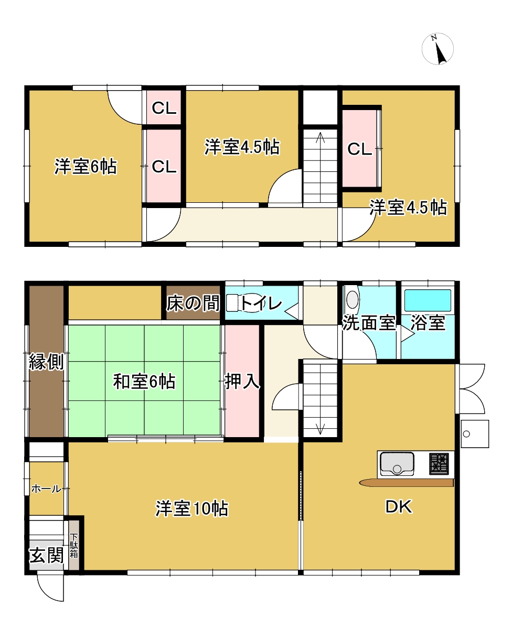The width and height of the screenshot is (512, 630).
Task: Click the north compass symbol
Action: (438, 49)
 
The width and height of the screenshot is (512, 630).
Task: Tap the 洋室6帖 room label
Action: (86, 167)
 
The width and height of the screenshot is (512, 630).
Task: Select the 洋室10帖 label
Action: (192, 509)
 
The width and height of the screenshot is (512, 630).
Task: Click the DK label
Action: (398, 507)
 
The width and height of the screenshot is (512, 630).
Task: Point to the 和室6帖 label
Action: (144, 382)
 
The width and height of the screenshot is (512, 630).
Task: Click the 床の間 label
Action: (193, 303)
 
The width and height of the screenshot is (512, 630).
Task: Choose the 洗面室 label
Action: (369, 323)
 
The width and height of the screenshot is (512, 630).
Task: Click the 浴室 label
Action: (428, 323)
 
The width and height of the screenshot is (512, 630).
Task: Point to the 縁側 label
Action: (47, 362)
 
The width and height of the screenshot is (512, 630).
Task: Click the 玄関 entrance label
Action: (47, 555)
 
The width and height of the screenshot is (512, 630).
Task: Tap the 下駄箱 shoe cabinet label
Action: (73, 546)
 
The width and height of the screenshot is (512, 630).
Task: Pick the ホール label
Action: (47, 488)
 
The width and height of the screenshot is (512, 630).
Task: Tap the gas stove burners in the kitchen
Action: (439, 463)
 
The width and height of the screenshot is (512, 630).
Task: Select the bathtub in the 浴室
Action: (428, 300)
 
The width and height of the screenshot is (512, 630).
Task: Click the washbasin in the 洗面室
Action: (352, 299)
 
